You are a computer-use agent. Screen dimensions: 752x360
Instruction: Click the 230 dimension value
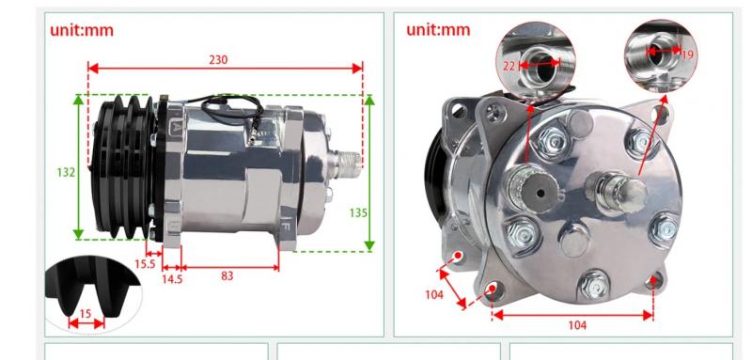pos(218,60)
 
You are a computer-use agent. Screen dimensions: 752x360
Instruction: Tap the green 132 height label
pos(66,172)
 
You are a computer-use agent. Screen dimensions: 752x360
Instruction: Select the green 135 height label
pos(358,212)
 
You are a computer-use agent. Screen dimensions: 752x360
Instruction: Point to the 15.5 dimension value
pos(145,263)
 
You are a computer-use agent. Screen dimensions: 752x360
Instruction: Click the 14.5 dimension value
pos(172,279)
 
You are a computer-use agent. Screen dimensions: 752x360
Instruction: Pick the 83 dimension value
pos(227,275)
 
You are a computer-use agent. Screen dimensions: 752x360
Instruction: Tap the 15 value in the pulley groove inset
pos(85,314)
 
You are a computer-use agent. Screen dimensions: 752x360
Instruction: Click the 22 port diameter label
pos(509,66)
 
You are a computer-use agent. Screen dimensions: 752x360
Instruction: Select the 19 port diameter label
pos(687,55)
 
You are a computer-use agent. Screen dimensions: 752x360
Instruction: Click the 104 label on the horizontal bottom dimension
pos(577,325)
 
